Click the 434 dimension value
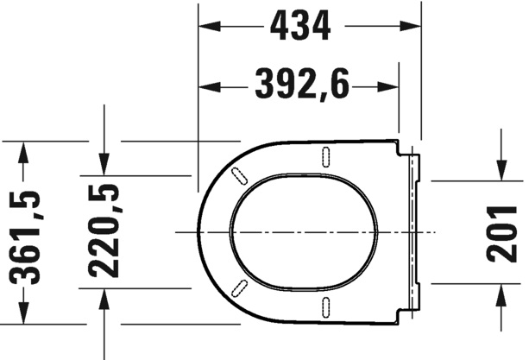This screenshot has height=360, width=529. [x=300, y=25]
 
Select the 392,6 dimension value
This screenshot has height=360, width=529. [x=302, y=84]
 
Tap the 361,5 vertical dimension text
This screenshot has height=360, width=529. [x=25, y=237]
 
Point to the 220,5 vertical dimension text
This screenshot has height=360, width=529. [x=104, y=231]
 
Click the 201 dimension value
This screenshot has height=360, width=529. [x=501, y=234]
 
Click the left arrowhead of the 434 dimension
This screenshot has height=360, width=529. [x=210, y=26]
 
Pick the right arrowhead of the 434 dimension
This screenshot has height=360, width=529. [x=411, y=26]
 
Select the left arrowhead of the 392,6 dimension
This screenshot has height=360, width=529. [x=210, y=87]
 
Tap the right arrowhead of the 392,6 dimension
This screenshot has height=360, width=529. [x=388, y=87]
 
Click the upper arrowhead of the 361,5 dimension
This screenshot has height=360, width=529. [x=23, y=153]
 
